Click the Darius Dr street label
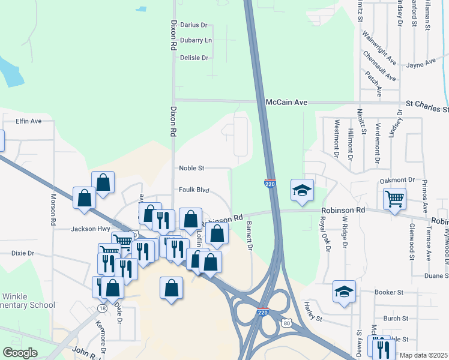(193, 25)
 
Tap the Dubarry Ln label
(196, 40)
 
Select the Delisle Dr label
(194, 58)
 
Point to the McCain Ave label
(286, 103)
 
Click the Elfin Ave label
(28, 121)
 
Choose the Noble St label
(192, 168)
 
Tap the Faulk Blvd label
(194, 190)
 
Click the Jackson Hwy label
(91, 229)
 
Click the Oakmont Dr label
(397, 179)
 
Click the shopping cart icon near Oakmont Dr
(394, 198)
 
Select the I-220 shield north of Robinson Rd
(270, 183)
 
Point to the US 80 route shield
(288, 323)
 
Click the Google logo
(20, 352)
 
